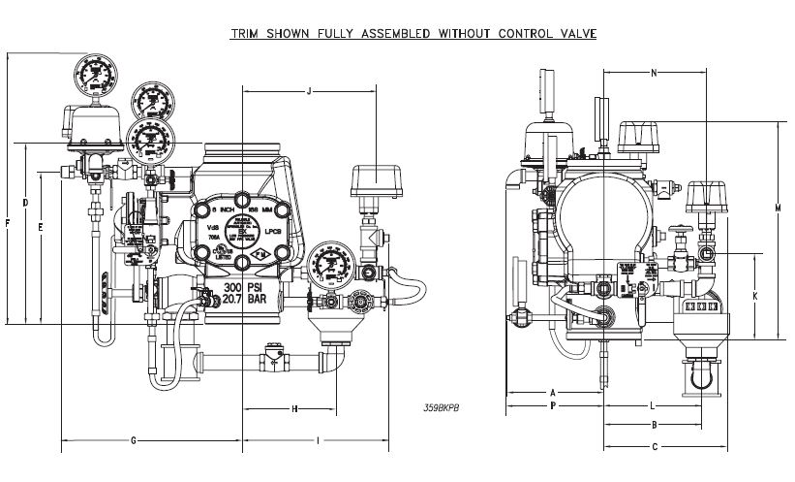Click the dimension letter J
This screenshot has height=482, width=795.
[x=309, y=91]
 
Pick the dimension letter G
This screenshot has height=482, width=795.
[x=134, y=441]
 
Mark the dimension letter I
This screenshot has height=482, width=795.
[x=320, y=441]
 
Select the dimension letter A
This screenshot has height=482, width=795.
[x=553, y=392]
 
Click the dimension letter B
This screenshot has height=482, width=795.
[x=656, y=426]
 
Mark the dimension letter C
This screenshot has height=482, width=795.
[x=656, y=446]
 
